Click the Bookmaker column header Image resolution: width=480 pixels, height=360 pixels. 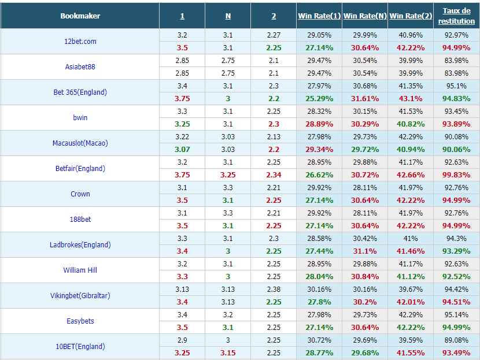click(x=80, y=16)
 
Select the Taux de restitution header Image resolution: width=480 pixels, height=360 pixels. click(x=456, y=16)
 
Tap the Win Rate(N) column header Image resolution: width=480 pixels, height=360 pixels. click(x=365, y=16)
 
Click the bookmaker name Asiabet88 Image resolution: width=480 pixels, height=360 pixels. click(x=80, y=66)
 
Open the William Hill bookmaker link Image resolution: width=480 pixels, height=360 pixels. click(x=80, y=270)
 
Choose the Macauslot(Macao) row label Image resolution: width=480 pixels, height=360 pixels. click(x=80, y=143)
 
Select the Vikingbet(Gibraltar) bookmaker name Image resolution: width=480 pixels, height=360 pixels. click(x=80, y=295)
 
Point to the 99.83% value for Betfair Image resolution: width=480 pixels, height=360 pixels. click(x=456, y=175)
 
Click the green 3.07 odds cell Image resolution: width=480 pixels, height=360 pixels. click(x=182, y=150)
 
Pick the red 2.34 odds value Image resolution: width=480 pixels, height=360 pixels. click(x=274, y=175)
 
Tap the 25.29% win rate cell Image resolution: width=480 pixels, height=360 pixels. click(x=319, y=99)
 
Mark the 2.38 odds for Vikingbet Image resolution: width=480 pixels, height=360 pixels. click(x=274, y=290)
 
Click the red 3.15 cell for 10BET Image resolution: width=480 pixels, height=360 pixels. click(x=228, y=353)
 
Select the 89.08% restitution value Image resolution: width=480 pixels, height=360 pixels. click(x=456, y=340)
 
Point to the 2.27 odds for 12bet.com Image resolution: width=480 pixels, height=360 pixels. click(x=274, y=35)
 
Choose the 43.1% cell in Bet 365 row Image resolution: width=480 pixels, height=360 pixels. click(x=411, y=99)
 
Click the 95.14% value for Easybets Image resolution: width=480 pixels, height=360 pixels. click(x=456, y=315)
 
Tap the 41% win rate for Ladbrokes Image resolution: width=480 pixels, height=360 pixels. click(x=411, y=239)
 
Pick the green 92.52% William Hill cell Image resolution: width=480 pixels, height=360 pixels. click(x=456, y=277)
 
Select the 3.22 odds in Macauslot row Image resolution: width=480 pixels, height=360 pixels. click(x=182, y=137)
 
